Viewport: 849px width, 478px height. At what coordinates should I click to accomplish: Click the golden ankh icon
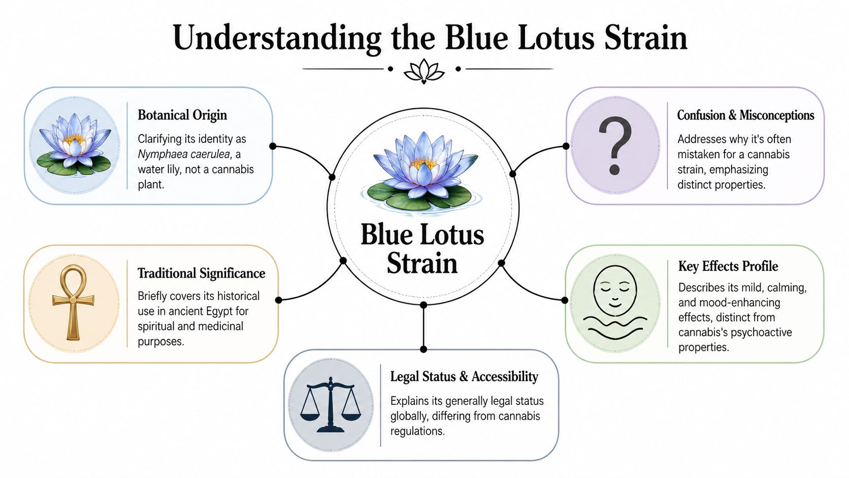pyautogui.click(x=74, y=302)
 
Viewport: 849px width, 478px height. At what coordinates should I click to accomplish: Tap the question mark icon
pyautogui.click(x=614, y=146)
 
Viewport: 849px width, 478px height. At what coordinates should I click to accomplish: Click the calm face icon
pyautogui.click(x=615, y=303)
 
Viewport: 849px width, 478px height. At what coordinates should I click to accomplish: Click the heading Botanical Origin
pyautogui.click(x=182, y=115)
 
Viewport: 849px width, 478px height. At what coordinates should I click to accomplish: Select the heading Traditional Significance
pyautogui.click(x=201, y=273)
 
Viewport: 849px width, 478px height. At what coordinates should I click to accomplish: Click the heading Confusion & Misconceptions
pyautogui.click(x=745, y=115)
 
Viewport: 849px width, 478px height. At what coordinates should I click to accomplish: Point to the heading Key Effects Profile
pyautogui.click(x=728, y=266)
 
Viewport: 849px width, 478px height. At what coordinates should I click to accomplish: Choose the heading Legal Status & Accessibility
pyautogui.click(x=464, y=376)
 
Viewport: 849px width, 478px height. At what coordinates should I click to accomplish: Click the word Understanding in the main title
pyautogui.click(x=277, y=38)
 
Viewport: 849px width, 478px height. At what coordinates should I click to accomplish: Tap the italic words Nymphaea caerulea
pyautogui.click(x=184, y=154)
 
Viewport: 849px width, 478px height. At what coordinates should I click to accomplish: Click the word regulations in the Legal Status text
pyautogui.click(x=417, y=431)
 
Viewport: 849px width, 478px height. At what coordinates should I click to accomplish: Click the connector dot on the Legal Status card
pyautogui.click(x=423, y=349)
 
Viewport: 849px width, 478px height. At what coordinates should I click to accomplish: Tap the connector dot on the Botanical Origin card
pyautogui.click(x=273, y=146)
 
